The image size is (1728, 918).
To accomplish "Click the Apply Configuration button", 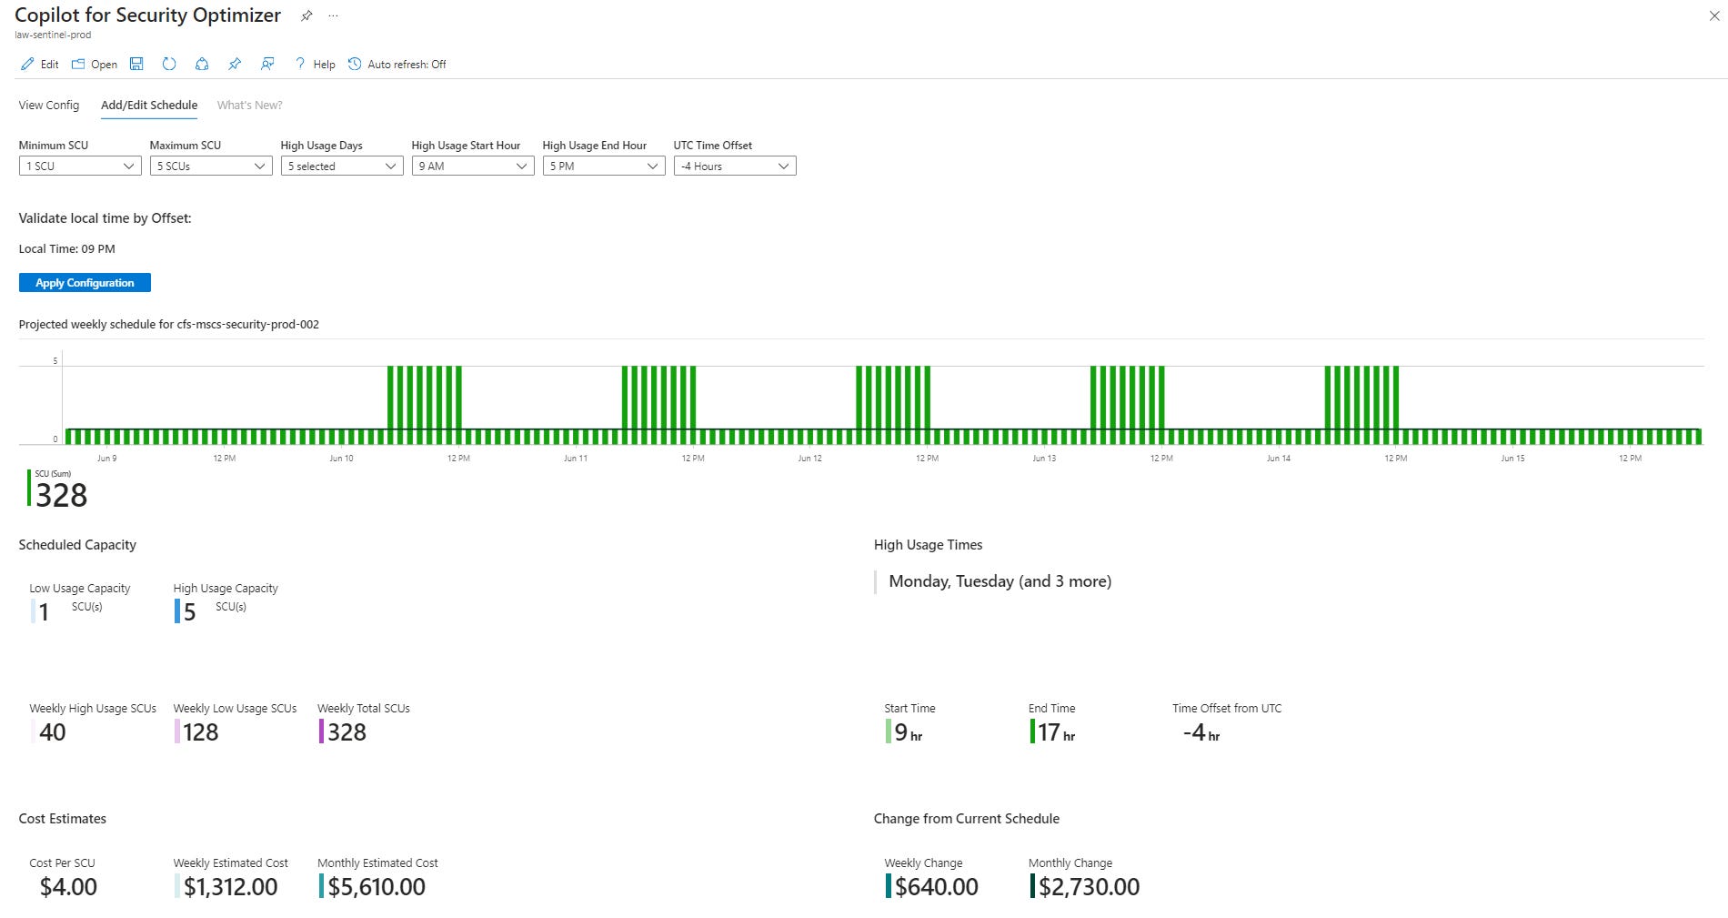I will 85,283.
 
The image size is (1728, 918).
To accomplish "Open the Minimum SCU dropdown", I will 80,166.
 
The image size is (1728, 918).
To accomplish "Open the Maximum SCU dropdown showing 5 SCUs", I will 211,166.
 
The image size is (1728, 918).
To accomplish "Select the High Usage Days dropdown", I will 342,166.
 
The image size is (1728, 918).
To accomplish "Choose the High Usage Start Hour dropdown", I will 473,166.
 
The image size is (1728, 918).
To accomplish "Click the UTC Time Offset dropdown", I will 735,166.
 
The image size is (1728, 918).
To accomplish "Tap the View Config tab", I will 49,106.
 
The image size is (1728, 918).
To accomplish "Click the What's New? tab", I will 249,106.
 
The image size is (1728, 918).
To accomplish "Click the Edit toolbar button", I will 40,65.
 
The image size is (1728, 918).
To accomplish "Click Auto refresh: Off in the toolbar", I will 397,65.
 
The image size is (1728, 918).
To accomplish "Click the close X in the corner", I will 1714,15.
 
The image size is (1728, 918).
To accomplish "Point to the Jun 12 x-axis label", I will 809,459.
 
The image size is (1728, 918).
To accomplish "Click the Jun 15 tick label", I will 1512,459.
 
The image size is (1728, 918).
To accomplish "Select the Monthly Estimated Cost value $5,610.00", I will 377,887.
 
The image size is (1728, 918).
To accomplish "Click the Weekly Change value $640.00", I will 936,887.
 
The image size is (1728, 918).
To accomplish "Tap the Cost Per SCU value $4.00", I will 68,887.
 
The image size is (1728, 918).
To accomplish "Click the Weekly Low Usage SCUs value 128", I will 200,732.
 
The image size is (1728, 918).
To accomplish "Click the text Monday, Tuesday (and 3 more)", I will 1000,581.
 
